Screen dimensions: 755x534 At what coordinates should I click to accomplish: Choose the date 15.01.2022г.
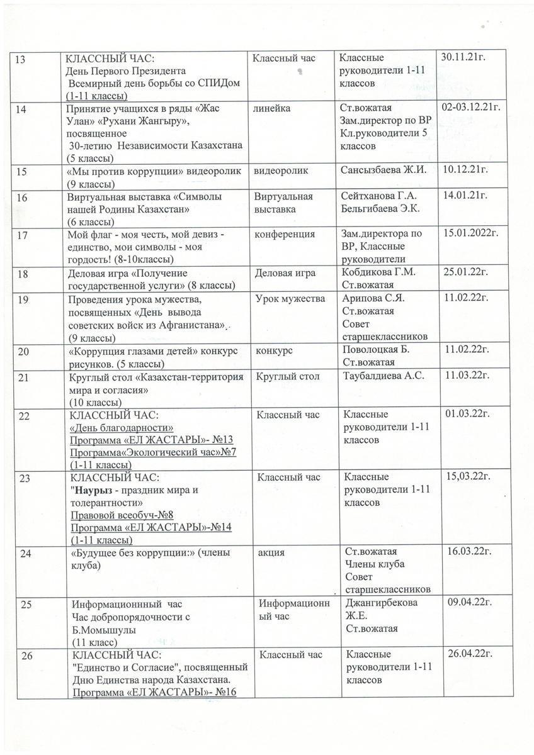tap(472, 233)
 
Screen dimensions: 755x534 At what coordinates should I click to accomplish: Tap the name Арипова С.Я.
tap(372, 298)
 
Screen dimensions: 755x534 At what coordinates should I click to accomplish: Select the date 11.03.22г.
tap(467, 376)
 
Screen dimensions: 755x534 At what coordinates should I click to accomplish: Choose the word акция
tap(271, 552)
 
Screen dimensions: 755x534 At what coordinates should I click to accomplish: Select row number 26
tap(28, 656)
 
